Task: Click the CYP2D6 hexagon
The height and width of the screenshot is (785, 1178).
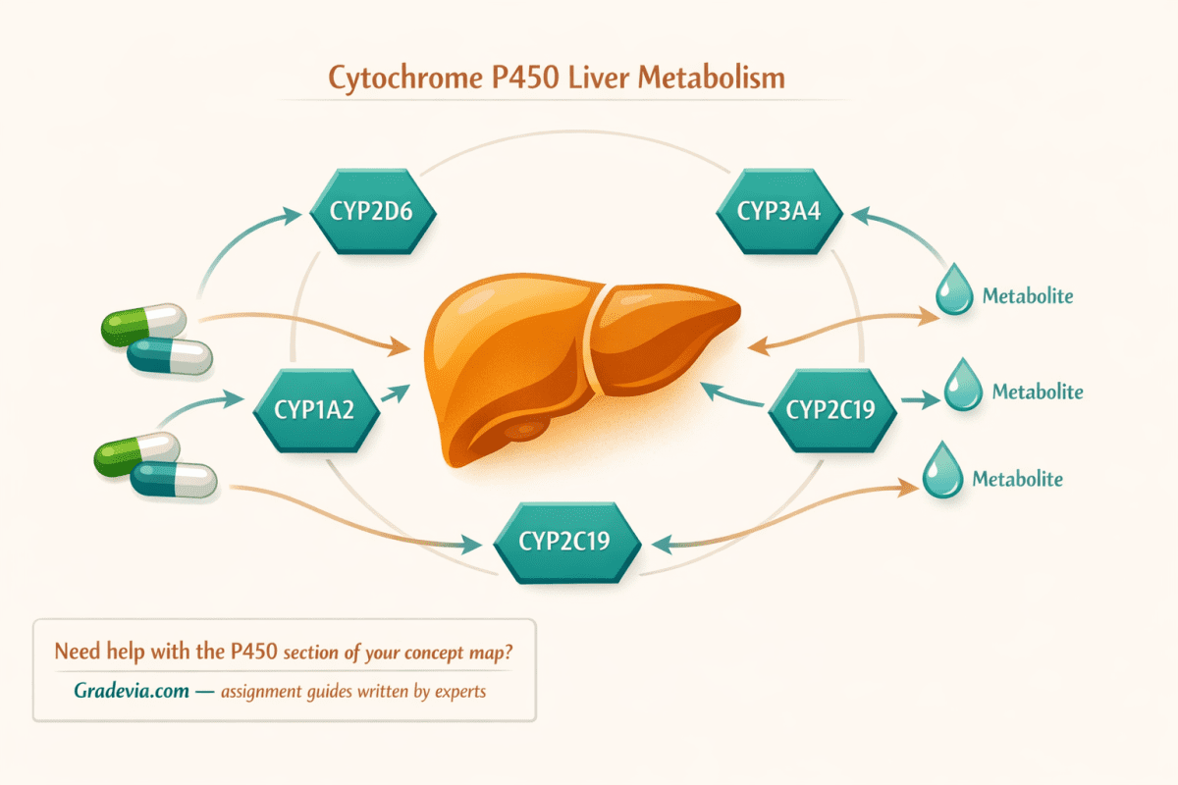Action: [373, 211]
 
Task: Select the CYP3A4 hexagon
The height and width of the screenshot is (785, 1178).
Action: [779, 211]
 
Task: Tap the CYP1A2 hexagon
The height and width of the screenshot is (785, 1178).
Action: [316, 410]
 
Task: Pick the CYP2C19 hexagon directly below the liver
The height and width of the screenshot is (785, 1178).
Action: [566, 542]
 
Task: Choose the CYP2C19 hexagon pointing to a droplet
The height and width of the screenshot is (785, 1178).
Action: [832, 410]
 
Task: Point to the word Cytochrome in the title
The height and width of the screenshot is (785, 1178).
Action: [405, 78]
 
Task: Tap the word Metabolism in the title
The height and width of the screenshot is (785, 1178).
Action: [712, 78]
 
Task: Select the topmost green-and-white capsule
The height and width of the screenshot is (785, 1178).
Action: [143, 325]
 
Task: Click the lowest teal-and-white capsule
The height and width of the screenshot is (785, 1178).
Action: [174, 480]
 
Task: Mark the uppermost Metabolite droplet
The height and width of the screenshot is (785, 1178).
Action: [954, 289]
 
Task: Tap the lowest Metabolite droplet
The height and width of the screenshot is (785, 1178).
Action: [943, 470]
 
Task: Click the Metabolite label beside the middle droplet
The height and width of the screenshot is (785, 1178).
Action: [1038, 392]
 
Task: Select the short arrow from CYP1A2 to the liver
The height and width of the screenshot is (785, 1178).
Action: [396, 392]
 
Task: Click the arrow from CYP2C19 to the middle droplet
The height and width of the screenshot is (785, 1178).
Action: [921, 400]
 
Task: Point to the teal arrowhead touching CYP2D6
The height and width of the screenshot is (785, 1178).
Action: [292, 215]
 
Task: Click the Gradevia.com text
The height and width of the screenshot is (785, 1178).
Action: [132, 691]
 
